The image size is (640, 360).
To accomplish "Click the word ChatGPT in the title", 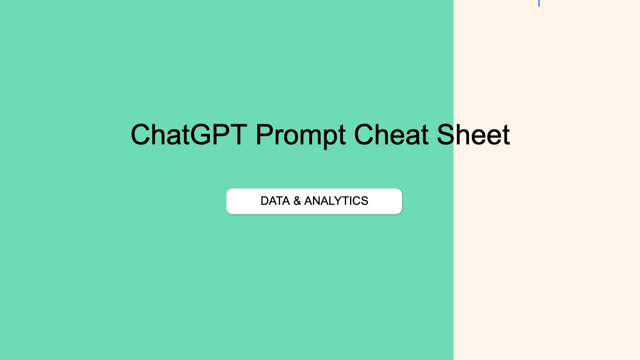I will (x=188, y=135).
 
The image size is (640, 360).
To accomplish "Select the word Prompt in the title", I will (x=300, y=135).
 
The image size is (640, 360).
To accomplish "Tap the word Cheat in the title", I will (x=391, y=135).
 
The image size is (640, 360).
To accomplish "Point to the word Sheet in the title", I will (x=473, y=135).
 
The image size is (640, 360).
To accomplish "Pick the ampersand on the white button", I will (x=297, y=201).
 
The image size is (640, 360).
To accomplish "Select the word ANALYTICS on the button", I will (x=336, y=201).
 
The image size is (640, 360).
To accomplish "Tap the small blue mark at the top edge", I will (x=539, y=3).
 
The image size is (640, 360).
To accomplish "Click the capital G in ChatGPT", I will (x=202, y=135).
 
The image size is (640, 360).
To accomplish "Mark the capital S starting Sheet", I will (x=446, y=135).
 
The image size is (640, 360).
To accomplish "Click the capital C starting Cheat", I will (x=364, y=135).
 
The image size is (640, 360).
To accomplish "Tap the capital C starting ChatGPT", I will (x=141, y=135).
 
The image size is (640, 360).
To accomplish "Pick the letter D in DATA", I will (x=265, y=201).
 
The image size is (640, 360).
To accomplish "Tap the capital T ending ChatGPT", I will (x=238, y=135).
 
